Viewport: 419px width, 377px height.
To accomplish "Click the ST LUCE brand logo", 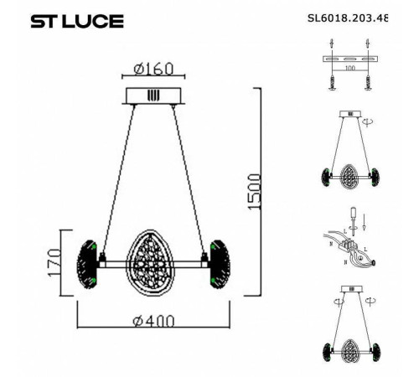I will [x=77, y=21].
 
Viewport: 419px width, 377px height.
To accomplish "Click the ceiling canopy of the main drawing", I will [x=152, y=96].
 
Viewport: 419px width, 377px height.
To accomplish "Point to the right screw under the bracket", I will [x=368, y=82].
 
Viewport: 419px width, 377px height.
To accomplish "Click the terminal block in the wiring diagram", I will [x=353, y=249].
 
